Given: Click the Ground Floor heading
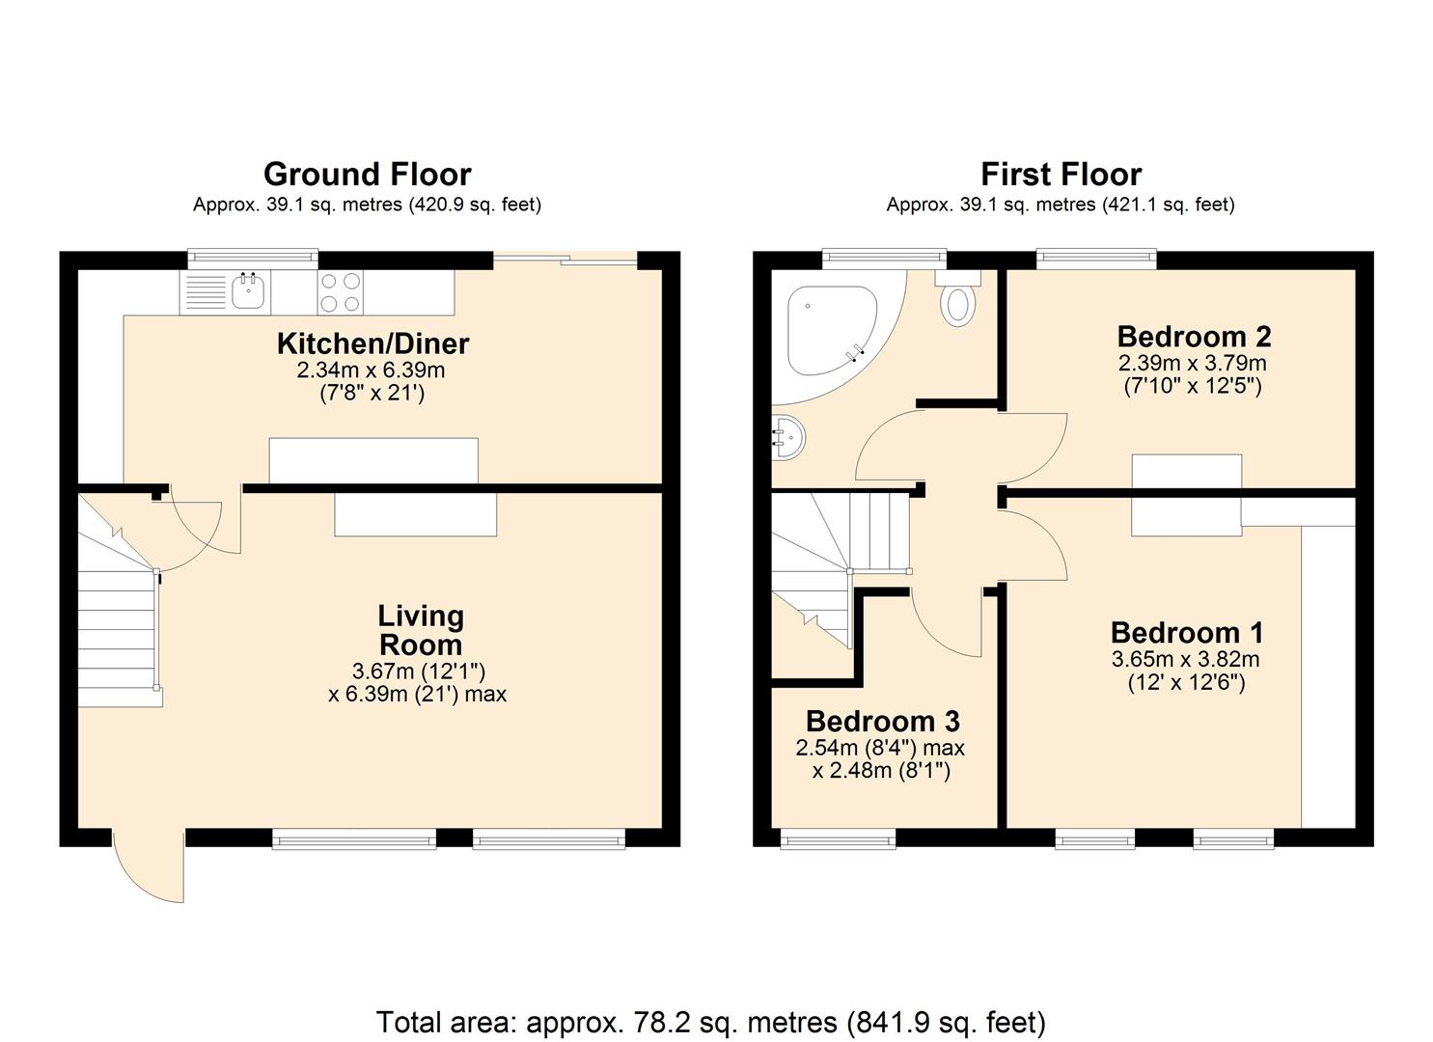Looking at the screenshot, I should [367, 175].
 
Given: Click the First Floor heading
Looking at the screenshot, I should [1061, 175].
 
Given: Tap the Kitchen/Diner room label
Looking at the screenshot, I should [372, 343].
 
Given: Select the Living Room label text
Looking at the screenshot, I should [420, 630].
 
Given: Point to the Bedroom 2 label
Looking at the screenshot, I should [1194, 337].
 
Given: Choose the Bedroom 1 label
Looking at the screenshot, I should [1186, 633].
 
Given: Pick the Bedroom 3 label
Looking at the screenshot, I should [882, 722].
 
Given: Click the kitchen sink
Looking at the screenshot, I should [248, 290].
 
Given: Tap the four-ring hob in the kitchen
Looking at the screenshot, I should [341, 292].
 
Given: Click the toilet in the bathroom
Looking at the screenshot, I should [958, 302].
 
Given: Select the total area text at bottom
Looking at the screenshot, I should [710, 1022].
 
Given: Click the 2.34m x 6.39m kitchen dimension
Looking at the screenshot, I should [372, 370].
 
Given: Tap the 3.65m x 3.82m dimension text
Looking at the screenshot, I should [1186, 660].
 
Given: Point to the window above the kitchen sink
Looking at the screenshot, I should [253, 257].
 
